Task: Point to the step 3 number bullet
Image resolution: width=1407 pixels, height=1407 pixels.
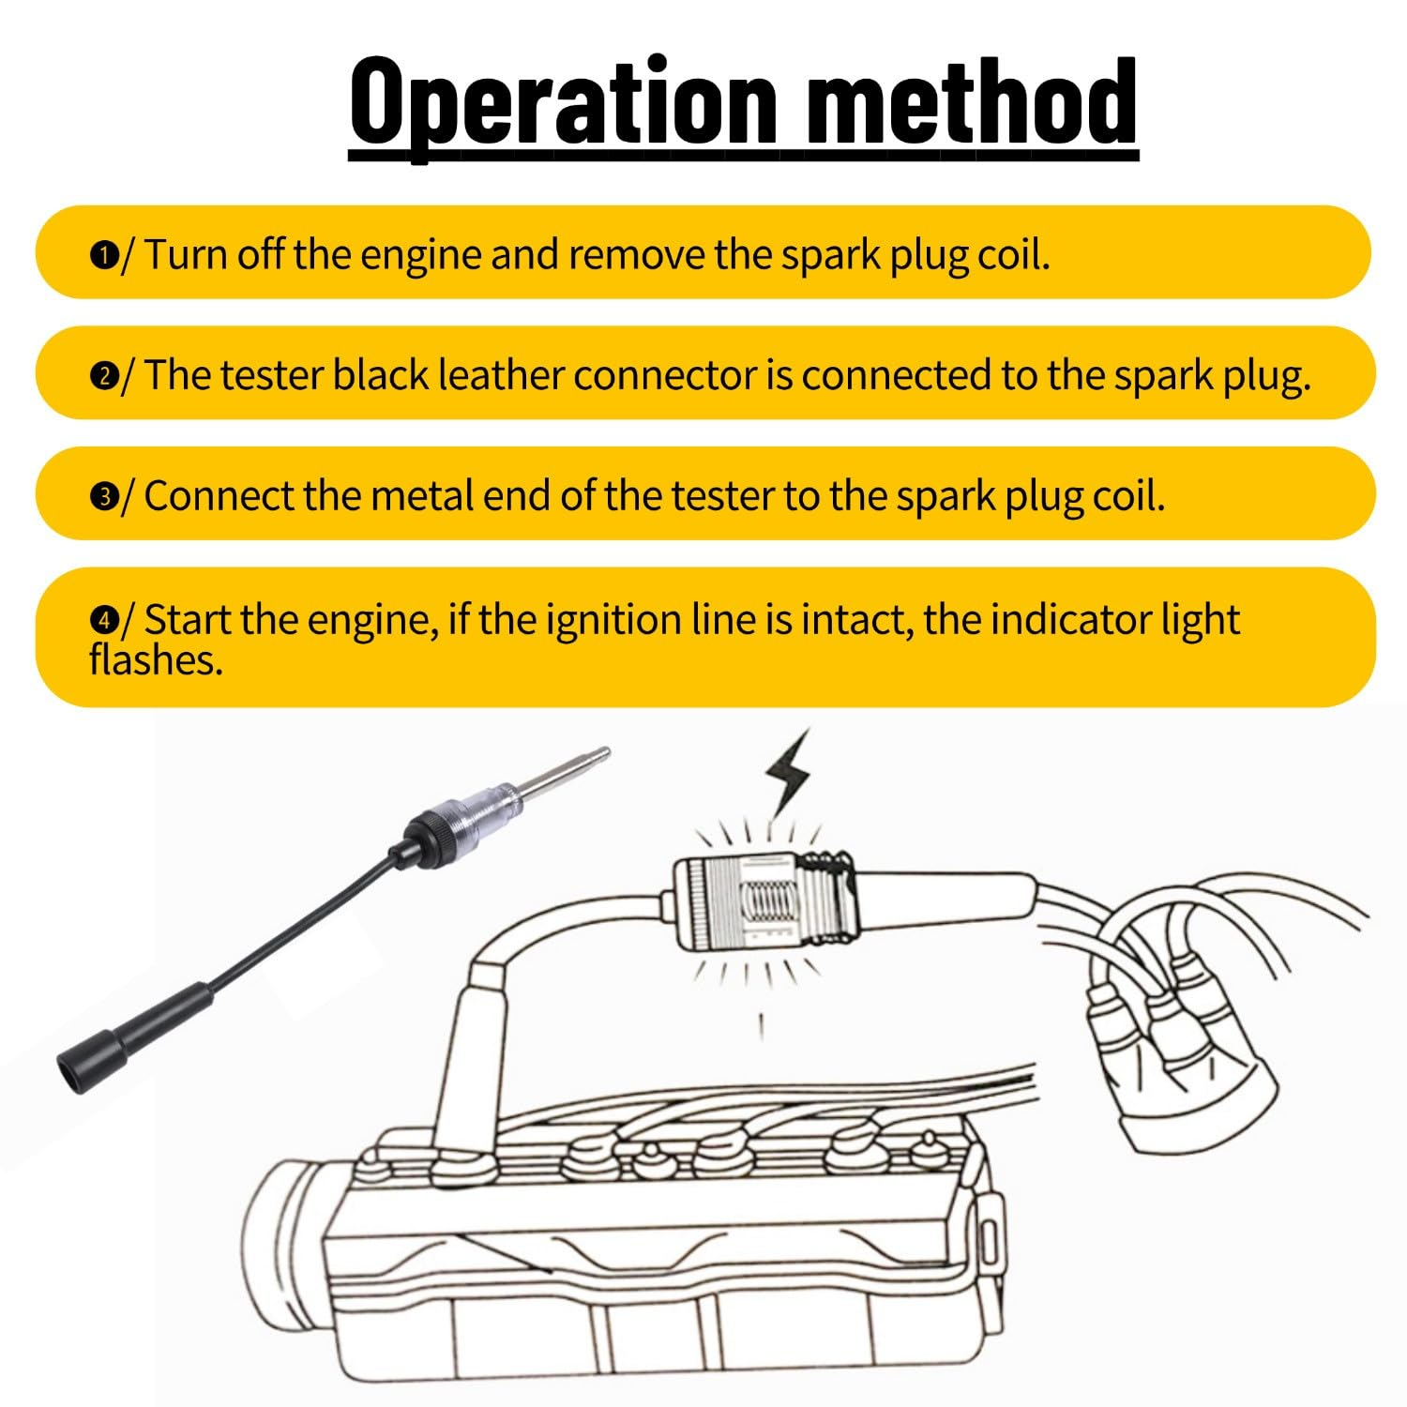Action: tap(103, 497)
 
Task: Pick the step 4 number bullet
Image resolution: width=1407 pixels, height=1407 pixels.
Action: tap(103, 621)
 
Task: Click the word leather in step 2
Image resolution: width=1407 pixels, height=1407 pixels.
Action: tap(502, 375)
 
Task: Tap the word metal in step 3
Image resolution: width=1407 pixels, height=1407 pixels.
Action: tap(422, 495)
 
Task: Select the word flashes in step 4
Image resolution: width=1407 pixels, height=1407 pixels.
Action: tap(156, 660)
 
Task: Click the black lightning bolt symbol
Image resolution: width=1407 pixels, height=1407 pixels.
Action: tap(788, 772)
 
